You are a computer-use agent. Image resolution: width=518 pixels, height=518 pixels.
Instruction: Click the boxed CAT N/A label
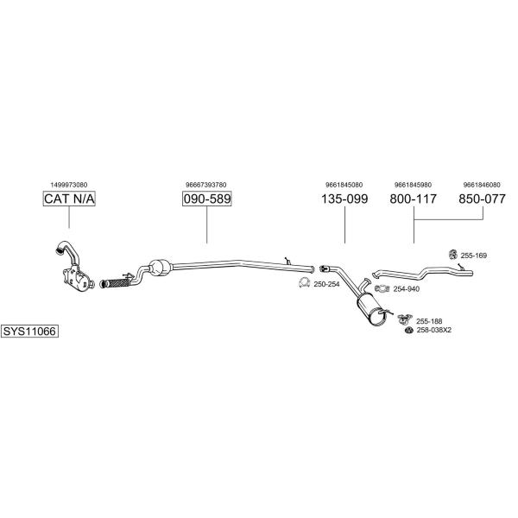click(69, 199)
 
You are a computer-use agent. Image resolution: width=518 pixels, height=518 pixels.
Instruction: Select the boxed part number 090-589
click(207, 199)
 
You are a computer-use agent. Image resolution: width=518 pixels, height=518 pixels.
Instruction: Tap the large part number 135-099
click(344, 199)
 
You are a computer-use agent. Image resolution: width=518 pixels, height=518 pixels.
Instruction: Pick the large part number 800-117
click(414, 199)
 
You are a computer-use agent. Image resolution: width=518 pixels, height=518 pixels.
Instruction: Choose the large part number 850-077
click(482, 199)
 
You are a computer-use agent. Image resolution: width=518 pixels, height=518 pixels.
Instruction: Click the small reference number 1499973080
click(69, 185)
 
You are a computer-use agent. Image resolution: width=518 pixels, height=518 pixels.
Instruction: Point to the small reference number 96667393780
click(206, 185)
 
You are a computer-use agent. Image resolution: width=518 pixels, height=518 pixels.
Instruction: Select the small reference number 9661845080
click(344, 185)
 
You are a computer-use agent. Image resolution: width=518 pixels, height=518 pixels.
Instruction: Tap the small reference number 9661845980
click(413, 185)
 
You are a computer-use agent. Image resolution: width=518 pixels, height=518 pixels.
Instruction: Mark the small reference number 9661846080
click(482, 185)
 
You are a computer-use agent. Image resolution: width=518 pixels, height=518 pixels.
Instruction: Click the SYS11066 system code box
click(29, 331)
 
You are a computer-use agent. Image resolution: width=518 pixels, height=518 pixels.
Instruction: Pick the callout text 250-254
click(326, 284)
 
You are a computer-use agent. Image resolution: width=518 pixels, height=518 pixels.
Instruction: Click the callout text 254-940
click(407, 289)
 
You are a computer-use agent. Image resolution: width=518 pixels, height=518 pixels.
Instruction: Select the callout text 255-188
click(429, 321)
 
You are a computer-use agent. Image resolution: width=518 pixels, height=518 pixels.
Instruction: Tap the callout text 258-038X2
click(434, 330)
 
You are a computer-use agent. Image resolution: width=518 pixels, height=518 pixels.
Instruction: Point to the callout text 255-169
click(474, 256)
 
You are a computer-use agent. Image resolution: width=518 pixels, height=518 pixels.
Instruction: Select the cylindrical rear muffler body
click(372, 310)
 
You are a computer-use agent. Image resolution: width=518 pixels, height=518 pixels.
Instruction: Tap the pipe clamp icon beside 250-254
click(304, 283)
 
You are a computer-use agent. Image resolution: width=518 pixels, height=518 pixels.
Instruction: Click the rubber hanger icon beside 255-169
click(452, 254)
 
